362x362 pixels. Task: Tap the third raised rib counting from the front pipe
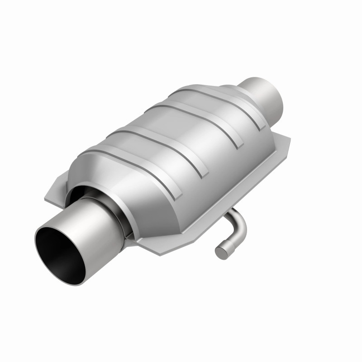tap(190, 113)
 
